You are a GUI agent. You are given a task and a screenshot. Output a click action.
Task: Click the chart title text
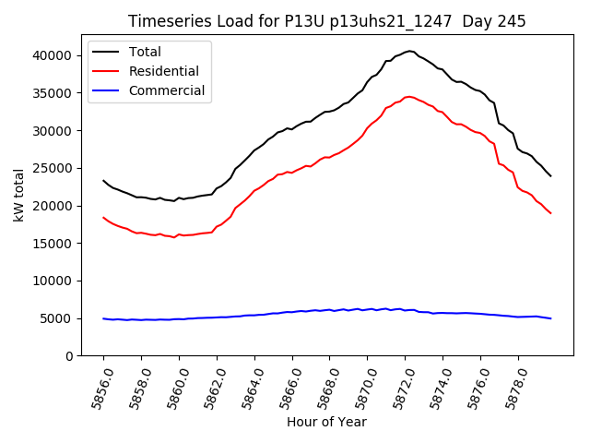pos(326,21)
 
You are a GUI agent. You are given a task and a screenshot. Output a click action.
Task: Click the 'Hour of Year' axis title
pos(326,422)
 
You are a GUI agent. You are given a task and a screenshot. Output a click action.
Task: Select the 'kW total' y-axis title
pos(19,195)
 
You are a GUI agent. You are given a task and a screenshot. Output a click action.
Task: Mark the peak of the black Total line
pos(410,51)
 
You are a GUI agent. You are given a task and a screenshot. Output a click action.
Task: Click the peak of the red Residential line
pos(408,96)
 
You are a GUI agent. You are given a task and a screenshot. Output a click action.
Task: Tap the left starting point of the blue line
pos(103,318)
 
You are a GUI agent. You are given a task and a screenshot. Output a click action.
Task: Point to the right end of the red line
pos(550,213)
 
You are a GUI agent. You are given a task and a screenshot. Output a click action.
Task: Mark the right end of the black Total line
pos(550,175)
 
